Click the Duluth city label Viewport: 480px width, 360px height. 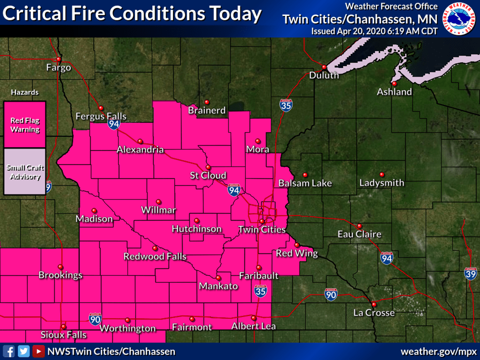[324, 75]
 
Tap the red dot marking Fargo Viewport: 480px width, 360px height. [58, 59]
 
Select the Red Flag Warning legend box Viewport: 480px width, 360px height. [25, 125]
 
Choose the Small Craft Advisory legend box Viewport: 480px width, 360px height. [25, 171]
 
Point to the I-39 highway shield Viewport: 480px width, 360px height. [470, 273]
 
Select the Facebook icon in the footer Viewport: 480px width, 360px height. [9, 351]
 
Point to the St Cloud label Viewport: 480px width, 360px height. [208, 175]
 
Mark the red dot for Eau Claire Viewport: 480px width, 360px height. [359, 225]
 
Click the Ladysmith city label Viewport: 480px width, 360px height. [381, 183]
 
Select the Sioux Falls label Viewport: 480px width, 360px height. [63, 334]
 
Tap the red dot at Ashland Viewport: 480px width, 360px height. [394, 83]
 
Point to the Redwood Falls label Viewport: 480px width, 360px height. [155, 256]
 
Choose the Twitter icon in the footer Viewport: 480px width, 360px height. [23, 351]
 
